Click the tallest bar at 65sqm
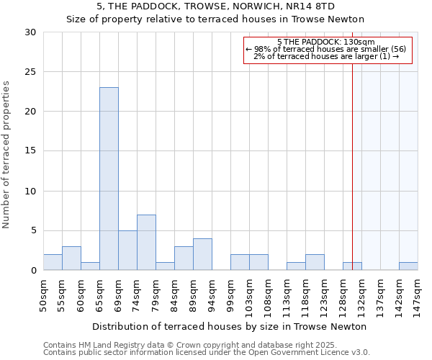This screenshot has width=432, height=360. click(x=109, y=179)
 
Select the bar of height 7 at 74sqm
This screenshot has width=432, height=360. click(x=146, y=242)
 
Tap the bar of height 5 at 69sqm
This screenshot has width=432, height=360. click(x=127, y=250)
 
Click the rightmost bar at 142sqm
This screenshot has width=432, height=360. click(x=408, y=266)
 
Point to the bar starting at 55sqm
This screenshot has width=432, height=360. click(x=71, y=258)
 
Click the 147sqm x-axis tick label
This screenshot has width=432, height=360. click(x=418, y=294)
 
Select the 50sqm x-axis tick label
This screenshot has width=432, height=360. click(x=43, y=294)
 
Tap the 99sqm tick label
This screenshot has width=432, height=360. click(x=230, y=294)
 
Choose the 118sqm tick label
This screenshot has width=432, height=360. click(x=305, y=294)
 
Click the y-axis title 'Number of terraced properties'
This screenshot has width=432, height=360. click(x=7, y=154)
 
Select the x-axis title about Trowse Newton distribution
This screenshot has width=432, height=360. click(x=230, y=326)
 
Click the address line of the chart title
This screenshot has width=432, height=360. click(x=215, y=6)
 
